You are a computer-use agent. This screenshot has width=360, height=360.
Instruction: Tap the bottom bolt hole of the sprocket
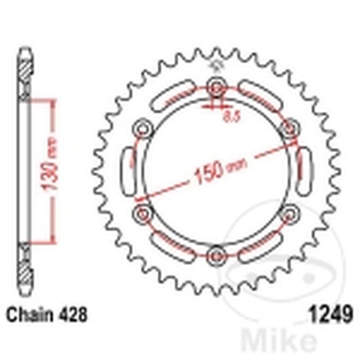tap(216, 255)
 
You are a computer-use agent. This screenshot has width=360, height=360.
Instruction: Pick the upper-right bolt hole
tap(289, 128)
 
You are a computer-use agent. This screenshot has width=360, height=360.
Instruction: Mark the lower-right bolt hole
tap(289, 213)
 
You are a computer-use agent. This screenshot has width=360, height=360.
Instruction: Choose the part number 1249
tap(329, 314)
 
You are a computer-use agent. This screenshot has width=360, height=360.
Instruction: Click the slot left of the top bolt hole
tap(173, 97)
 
